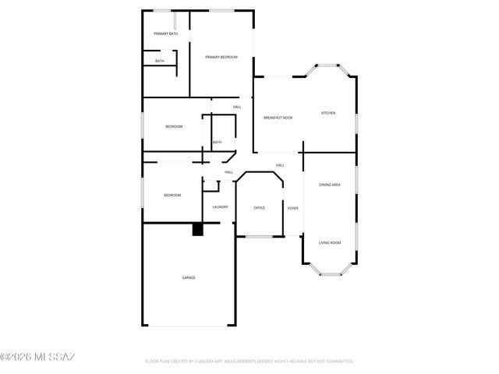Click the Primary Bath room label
pos(165,34)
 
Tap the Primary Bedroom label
pos(221,58)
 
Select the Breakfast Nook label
pos(278,117)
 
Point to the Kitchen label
pos(328,114)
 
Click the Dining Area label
pos(329,185)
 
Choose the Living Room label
pos(329,243)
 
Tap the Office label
pos(260,208)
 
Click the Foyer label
pos(293,208)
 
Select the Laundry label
pos(220,206)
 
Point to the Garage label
pos(189,277)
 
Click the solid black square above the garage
pos(197,230)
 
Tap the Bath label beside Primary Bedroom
pos(160,61)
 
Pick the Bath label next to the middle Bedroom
pos(217,142)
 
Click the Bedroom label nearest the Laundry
pos(172,195)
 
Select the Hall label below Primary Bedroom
pos(237,107)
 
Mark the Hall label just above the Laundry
pos(229,172)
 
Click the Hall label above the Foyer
pos(279,165)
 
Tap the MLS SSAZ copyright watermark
pos(38,358)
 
